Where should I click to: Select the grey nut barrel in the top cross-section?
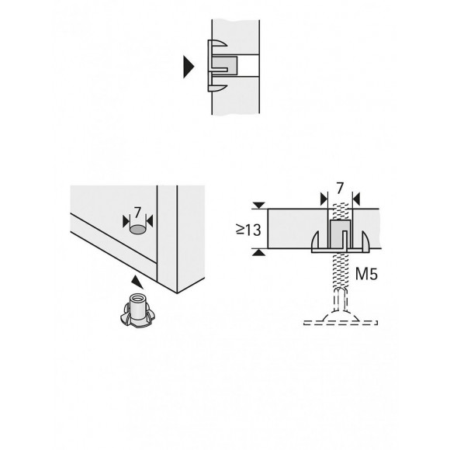(x=224, y=66)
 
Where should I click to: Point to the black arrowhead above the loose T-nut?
(x=137, y=281)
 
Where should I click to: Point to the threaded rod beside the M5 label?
(x=337, y=275)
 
